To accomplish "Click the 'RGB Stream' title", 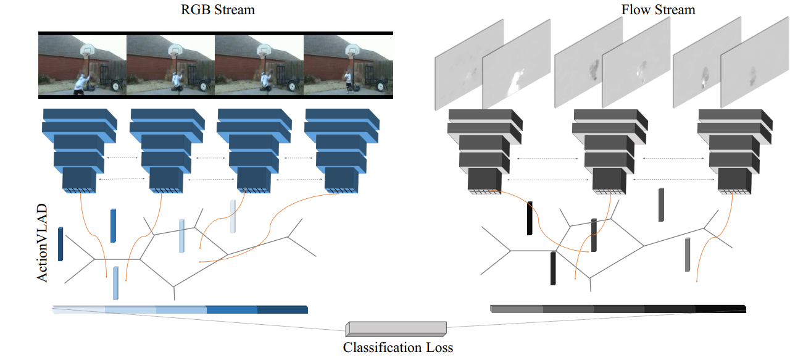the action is click(218, 10).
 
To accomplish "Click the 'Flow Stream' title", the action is click(658, 10).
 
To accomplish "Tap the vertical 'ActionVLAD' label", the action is click(43, 243).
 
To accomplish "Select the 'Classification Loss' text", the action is click(398, 347).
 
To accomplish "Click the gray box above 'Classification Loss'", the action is click(396, 329).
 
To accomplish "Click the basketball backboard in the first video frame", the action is click(87, 49).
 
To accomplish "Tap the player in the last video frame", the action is click(348, 82).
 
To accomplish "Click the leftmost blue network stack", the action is click(80, 151).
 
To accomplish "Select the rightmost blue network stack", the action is click(342, 151).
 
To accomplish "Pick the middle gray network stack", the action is click(610, 152).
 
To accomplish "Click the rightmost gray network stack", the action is click(735, 152).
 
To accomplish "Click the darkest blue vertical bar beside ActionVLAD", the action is click(60, 244).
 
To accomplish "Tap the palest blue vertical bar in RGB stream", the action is click(233, 216).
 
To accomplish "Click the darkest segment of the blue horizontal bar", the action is click(283, 309).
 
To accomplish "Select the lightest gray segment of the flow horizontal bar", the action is click(517, 309).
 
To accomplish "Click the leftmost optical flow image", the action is click(469, 65).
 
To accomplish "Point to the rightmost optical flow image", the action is click(755, 62).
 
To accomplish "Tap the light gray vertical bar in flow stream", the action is click(687, 254).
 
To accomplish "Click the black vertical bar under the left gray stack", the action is click(530, 218).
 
